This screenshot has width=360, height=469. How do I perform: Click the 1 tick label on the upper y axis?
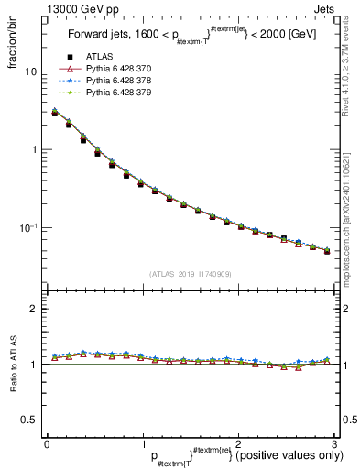[x=34, y=149]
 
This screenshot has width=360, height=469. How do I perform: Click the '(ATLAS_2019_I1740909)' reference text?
[x=190, y=274]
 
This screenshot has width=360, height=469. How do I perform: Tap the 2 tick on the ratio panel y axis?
[x=34, y=310]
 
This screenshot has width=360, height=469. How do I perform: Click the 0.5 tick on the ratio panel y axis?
[x=29, y=420]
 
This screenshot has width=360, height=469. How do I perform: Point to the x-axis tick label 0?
[x=47, y=443]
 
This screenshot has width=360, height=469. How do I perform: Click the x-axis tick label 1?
[x=142, y=443]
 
